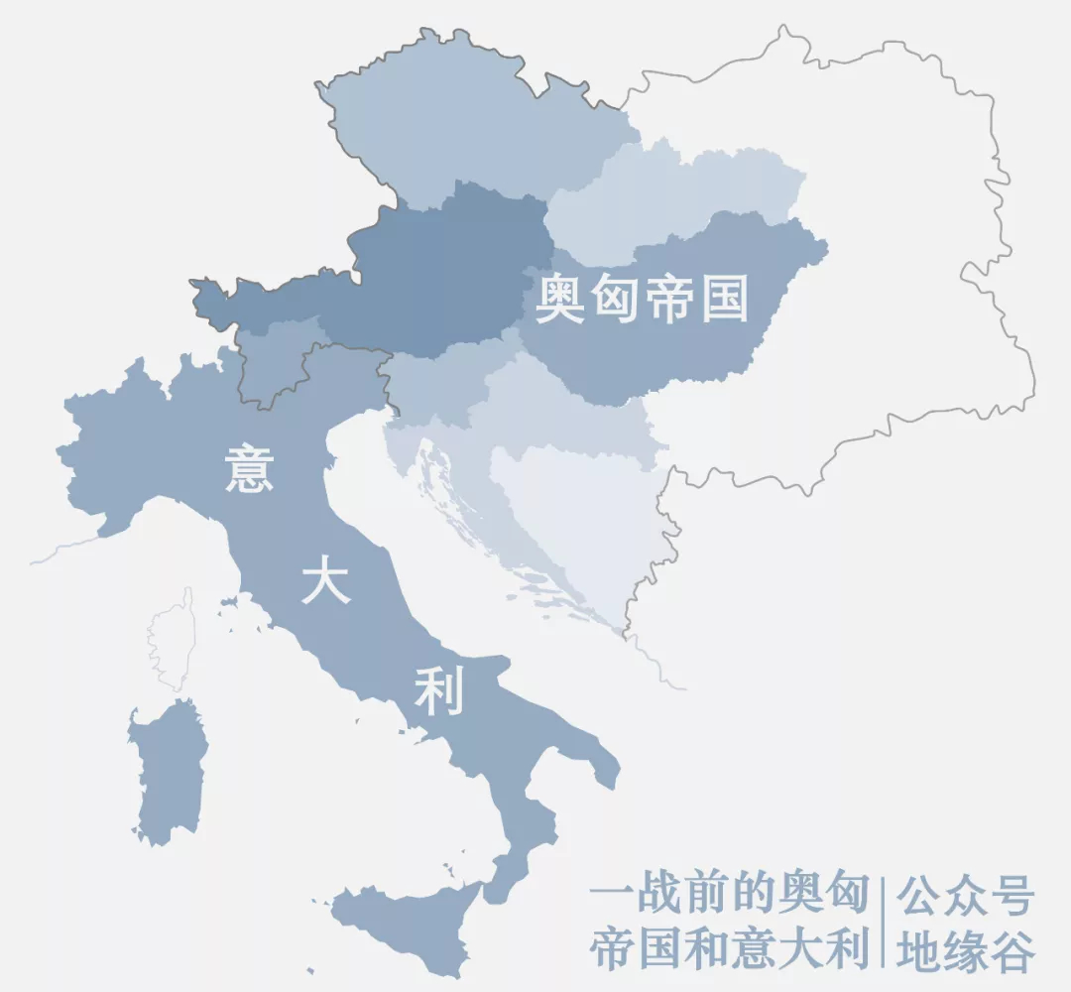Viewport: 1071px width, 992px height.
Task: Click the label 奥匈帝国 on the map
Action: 642,299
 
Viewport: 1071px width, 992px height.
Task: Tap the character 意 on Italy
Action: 249,468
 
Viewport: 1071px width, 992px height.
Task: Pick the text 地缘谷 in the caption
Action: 965,950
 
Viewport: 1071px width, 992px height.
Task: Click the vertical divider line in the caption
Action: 883,923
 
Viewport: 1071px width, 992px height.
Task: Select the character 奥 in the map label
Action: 560,299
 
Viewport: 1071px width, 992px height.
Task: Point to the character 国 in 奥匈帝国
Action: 724,299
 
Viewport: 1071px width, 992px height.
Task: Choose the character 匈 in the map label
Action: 615,299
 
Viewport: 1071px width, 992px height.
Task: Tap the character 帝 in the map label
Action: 669,299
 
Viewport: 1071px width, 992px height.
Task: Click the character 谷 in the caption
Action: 1012,950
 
